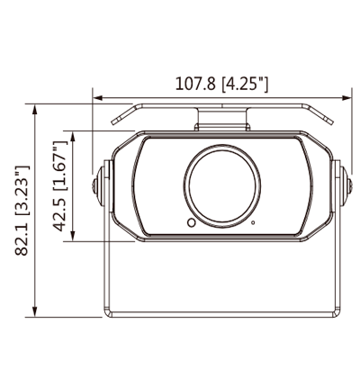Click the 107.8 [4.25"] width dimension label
[x=221, y=84]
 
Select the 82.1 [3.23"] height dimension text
[x=22, y=211]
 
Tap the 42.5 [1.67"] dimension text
[x=60, y=186]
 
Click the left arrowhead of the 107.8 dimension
[x=98, y=98]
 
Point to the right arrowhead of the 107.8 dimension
[x=346, y=98]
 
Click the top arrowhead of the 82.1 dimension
[x=35, y=110]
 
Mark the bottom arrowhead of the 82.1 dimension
[x=35, y=311]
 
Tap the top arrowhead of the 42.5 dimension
[x=73, y=137]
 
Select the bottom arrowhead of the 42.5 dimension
[x=73, y=236]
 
